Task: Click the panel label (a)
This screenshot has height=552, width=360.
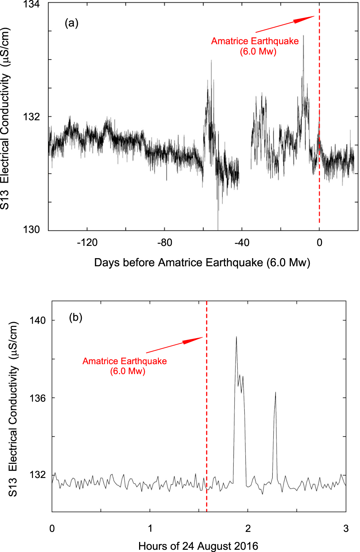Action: click(71, 23)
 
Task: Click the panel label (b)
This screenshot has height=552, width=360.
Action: click(75, 317)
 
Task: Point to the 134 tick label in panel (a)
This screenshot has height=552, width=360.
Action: click(31, 4)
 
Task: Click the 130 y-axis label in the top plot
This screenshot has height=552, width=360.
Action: click(31, 230)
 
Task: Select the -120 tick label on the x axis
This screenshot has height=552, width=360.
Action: click(87, 243)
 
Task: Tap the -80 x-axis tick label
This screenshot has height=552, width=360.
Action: click(164, 243)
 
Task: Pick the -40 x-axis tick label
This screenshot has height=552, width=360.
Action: click(242, 243)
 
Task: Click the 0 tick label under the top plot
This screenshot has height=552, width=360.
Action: click(319, 243)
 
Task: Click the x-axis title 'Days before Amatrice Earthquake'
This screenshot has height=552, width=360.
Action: click(202, 263)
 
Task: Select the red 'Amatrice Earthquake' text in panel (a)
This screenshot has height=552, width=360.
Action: click(255, 41)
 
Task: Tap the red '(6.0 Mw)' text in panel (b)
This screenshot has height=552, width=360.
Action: click(128, 371)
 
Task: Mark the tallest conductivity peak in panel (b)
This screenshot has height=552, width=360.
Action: click(236, 337)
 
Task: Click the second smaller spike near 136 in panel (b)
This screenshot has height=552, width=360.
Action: click(275, 392)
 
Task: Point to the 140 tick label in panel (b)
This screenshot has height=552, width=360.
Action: click(38, 320)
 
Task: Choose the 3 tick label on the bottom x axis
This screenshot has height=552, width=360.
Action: click(346, 529)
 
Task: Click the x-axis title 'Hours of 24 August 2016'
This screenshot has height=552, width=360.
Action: click(198, 546)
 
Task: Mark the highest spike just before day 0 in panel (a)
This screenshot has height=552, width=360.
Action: click(303, 36)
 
